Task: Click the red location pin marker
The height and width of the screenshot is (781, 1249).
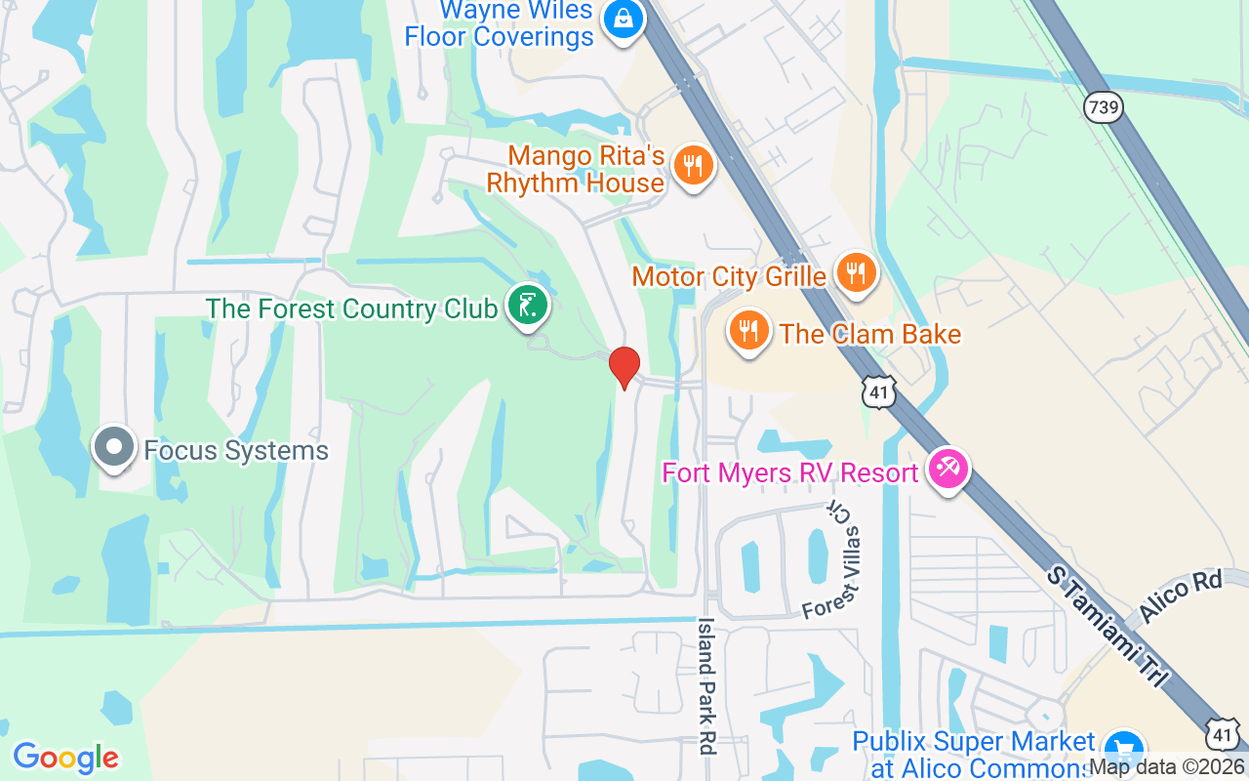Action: (x=624, y=367)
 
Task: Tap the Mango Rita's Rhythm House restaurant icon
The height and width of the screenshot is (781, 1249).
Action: (x=693, y=166)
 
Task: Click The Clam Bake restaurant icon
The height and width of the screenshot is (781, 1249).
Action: (x=748, y=331)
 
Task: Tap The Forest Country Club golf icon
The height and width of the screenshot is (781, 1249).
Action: (x=527, y=307)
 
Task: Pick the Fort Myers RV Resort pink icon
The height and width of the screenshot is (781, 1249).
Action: (x=947, y=470)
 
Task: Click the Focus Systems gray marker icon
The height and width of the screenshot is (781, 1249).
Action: (x=114, y=447)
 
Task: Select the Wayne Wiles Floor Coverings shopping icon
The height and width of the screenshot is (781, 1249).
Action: (x=621, y=19)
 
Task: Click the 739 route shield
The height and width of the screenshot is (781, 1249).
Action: (x=1103, y=106)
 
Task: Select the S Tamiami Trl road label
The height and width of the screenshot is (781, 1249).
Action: (x=1107, y=625)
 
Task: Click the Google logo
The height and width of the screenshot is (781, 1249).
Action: (x=65, y=757)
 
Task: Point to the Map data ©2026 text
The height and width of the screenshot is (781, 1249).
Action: (x=1167, y=767)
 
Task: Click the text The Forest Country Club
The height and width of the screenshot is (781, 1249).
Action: (x=351, y=308)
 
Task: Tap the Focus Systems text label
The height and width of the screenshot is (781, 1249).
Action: (x=236, y=450)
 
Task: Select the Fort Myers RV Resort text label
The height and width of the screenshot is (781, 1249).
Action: (x=790, y=473)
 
